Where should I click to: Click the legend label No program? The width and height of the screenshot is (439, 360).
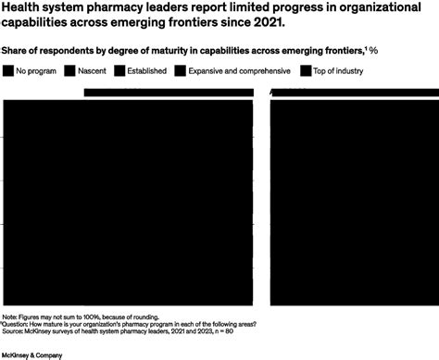pyautogui.click(x=36, y=70)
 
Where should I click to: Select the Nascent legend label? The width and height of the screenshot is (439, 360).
pyautogui.click(x=90, y=70)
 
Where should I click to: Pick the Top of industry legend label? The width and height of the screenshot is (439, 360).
pyautogui.click(x=340, y=70)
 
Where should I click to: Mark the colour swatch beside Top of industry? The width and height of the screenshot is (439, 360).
pyautogui.click(x=306, y=70)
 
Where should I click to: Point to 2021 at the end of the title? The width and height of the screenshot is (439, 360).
pyautogui.click(x=257, y=22)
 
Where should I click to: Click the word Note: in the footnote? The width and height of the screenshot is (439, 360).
pyautogui.click(x=13, y=317)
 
